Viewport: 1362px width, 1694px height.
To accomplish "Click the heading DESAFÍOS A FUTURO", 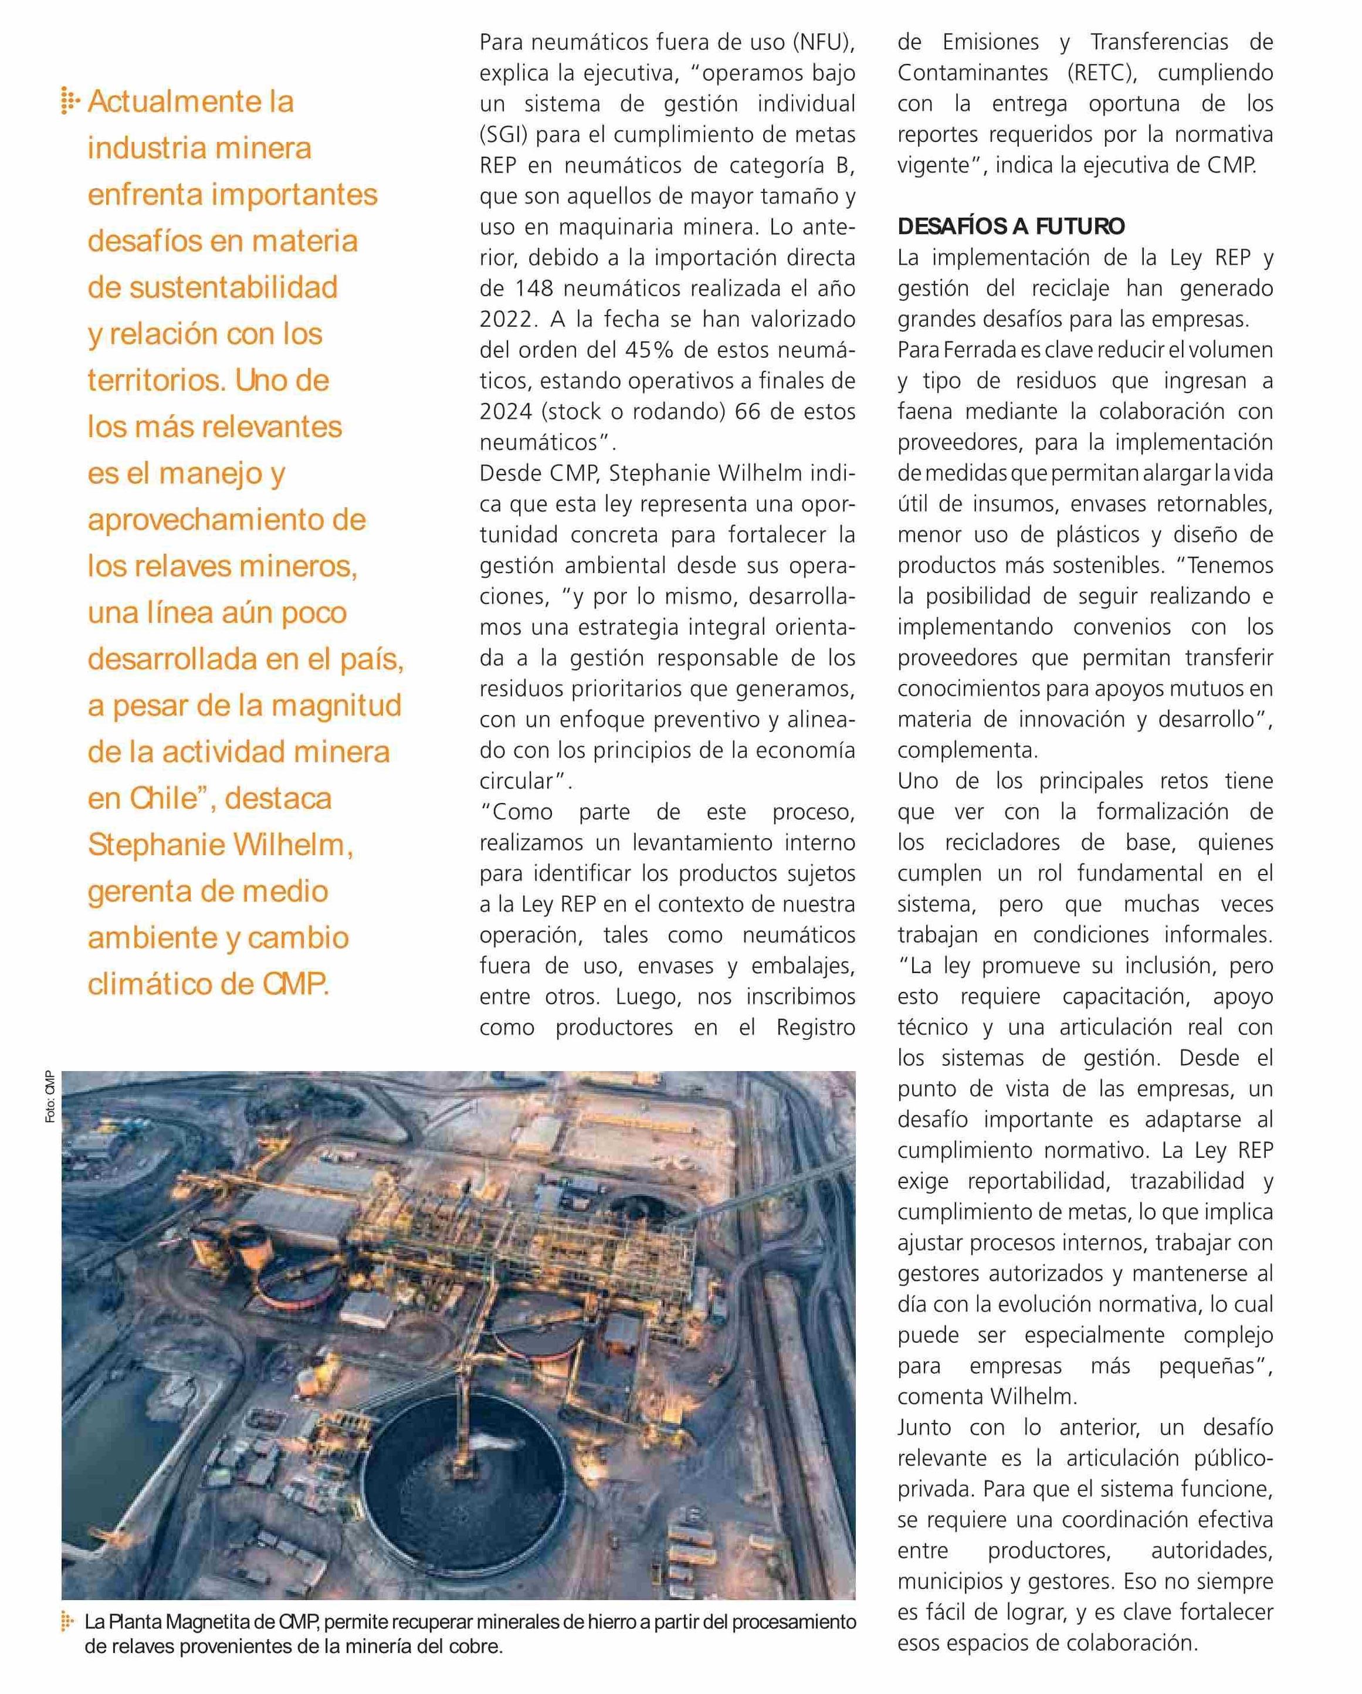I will (1011, 226).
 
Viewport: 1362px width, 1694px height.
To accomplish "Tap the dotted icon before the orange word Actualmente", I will (71, 102).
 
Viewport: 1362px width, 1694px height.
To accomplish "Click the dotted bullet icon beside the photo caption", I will (69, 1622).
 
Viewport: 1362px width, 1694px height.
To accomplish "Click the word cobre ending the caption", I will (473, 1646).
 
